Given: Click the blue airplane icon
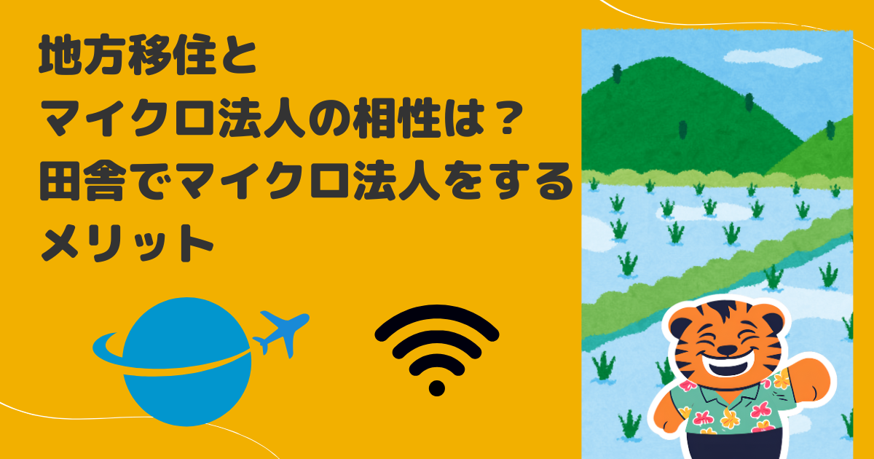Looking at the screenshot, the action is click(x=282, y=332).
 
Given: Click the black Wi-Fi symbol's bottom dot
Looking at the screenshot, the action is click(x=436, y=388).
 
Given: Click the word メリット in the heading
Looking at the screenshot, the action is click(x=127, y=243).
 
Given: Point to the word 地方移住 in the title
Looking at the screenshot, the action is click(x=127, y=55).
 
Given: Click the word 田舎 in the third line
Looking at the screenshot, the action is click(x=83, y=181).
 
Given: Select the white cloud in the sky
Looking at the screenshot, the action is click(x=773, y=58).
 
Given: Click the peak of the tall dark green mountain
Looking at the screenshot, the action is click(x=659, y=58).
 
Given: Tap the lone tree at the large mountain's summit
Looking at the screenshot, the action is click(x=617, y=74).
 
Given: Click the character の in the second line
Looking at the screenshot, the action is click(x=328, y=119).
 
